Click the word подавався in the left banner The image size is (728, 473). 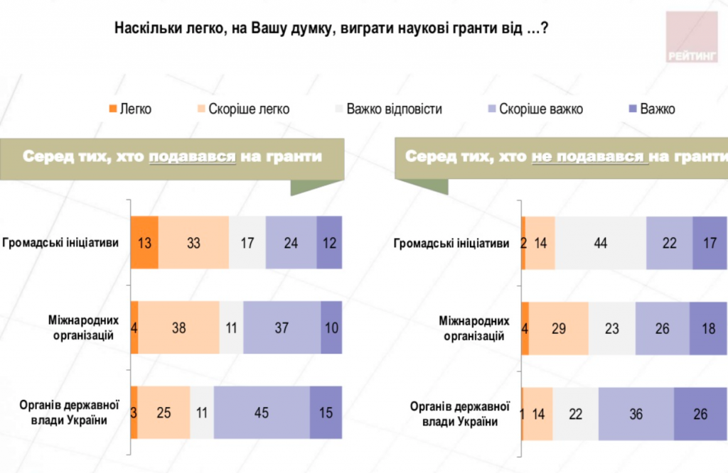click(192, 157)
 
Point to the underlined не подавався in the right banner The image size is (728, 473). click(589, 157)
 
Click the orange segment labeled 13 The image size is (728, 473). click(144, 243)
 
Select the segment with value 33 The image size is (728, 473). click(193, 243)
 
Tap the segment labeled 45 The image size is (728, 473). click(262, 413)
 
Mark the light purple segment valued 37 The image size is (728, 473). click(282, 328)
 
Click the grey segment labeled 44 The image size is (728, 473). click(600, 243)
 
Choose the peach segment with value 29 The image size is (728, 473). click(559, 328)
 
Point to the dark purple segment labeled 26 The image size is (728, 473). click(700, 413)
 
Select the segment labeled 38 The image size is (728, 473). click(179, 328)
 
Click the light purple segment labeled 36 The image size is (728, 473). click(636, 413)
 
